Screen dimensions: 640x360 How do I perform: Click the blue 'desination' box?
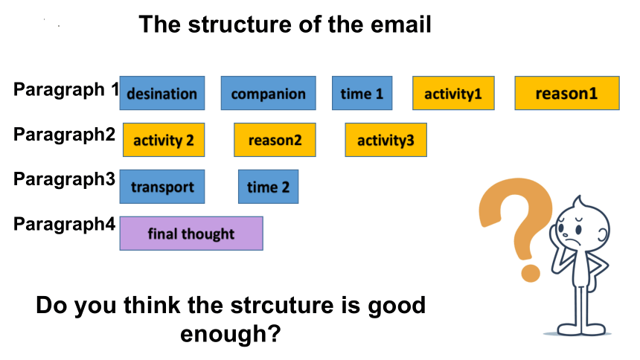click(162, 93)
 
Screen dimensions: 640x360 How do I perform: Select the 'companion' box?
click(268, 93)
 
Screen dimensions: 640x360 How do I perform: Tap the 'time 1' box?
click(362, 93)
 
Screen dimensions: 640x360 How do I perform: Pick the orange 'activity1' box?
click(453, 93)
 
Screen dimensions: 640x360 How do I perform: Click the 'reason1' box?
click(567, 93)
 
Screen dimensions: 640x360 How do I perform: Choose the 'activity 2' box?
click(164, 140)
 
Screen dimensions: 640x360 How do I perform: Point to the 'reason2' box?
click(275, 140)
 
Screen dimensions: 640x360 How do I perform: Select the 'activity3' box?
click(385, 140)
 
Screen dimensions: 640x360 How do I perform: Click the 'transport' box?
click(162, 187)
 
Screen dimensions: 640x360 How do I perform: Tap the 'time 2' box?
click(268, 187)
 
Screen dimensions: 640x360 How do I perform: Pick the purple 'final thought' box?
click(191, 234)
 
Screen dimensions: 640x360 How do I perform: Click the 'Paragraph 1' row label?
click(66, 90)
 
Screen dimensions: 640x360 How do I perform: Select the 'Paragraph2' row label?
click(65, 135)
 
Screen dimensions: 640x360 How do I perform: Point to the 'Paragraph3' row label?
click(65, 180)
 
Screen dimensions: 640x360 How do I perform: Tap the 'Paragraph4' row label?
click(65, 225)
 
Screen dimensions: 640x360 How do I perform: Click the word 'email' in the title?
click(401, 24)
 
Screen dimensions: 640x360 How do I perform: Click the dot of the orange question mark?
click(530, 273)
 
